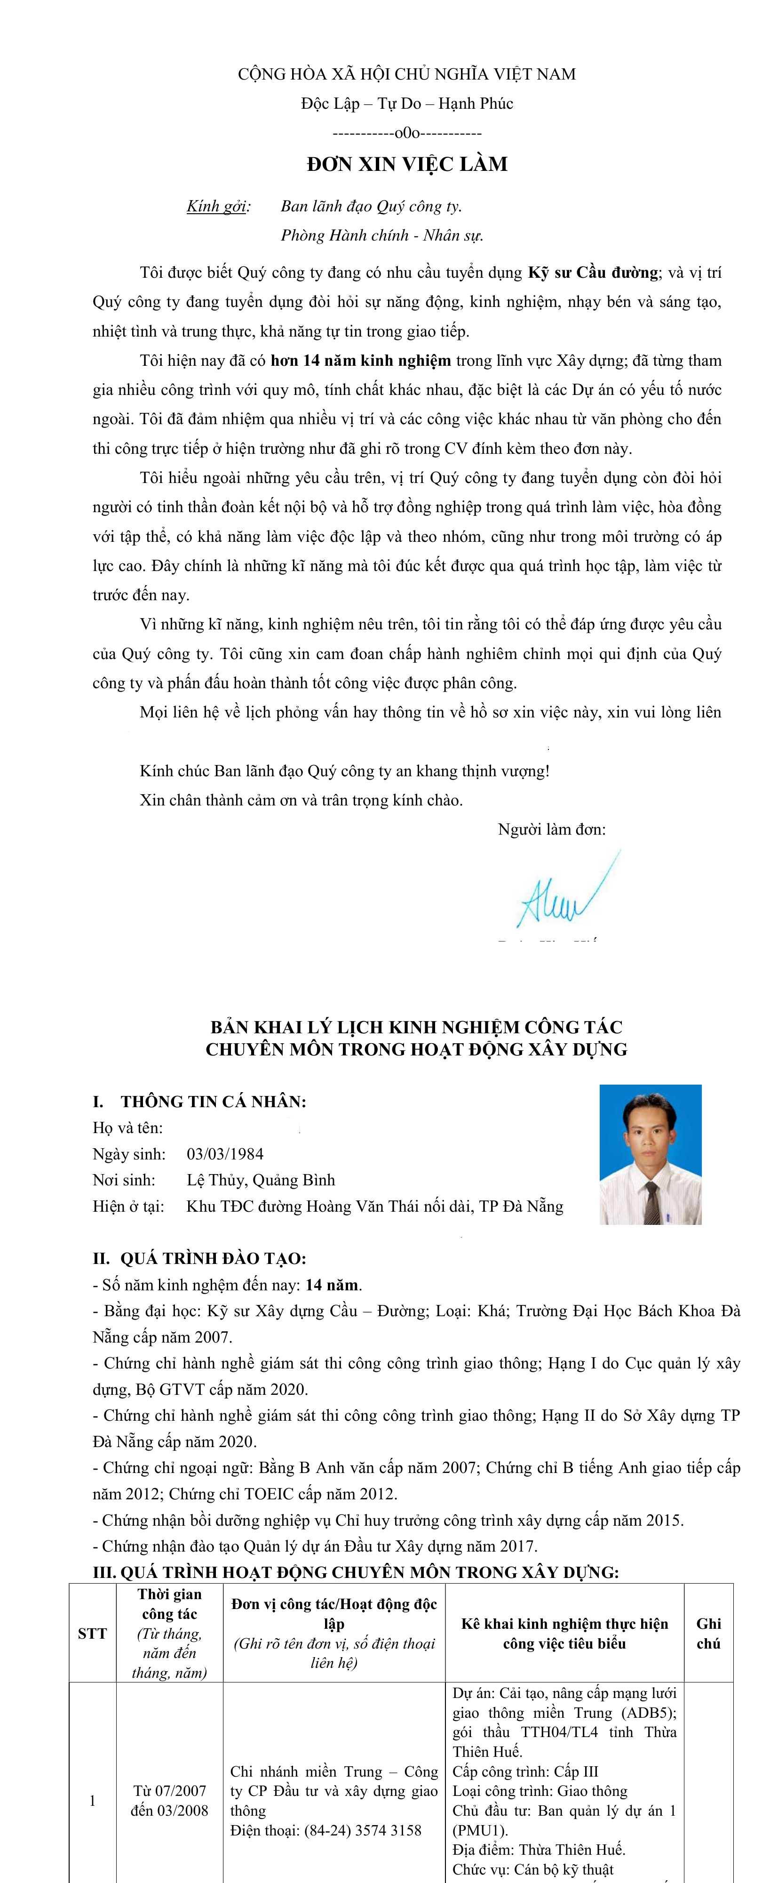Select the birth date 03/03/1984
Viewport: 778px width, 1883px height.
(x=225, y=1154)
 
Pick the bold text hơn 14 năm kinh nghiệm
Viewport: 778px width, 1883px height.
(x=361, y=361)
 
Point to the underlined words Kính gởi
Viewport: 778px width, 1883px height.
(x=217, y=206)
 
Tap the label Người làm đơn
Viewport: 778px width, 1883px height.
(x=552, y=829)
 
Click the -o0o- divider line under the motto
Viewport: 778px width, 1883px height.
(x=407, y=133)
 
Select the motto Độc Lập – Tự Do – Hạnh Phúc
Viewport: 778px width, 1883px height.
(x=407, y=104)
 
